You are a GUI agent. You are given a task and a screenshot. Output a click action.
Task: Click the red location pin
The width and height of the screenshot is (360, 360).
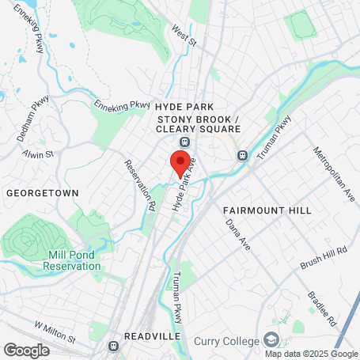[180, 162]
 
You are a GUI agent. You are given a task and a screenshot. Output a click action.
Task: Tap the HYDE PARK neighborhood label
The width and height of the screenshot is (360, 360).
[185, 105]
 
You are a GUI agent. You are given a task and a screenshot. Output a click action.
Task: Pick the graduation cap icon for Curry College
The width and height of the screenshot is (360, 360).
[271, 340]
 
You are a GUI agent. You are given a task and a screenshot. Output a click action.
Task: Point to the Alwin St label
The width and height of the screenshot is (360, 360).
[37, 153]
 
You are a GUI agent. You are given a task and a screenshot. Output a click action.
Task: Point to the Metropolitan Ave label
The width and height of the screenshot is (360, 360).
[328, 171]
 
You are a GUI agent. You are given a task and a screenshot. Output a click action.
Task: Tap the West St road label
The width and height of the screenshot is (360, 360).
[183, 36]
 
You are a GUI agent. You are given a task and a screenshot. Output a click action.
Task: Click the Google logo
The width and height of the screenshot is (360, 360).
[26, 350]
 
